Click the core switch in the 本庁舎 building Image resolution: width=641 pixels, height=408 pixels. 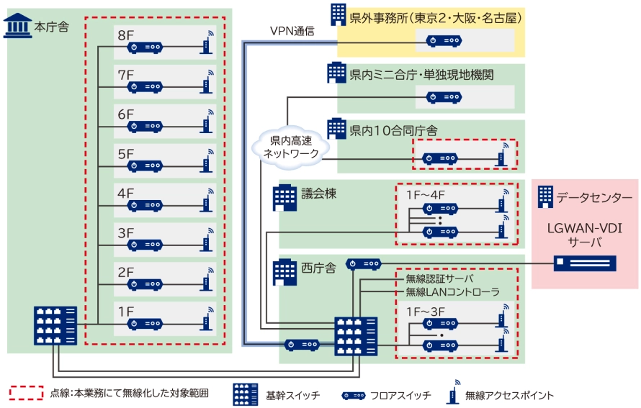[x=55, y=325]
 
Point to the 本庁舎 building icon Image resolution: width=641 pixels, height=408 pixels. [x=17, y=27]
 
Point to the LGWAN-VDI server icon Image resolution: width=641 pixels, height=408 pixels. [x=584, y=263]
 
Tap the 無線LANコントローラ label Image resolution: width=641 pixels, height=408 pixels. [x=452, y=292]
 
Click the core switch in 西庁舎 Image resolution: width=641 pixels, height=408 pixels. [x=355, y=336]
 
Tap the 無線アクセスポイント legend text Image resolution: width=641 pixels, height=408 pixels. [x=509, y=395]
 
